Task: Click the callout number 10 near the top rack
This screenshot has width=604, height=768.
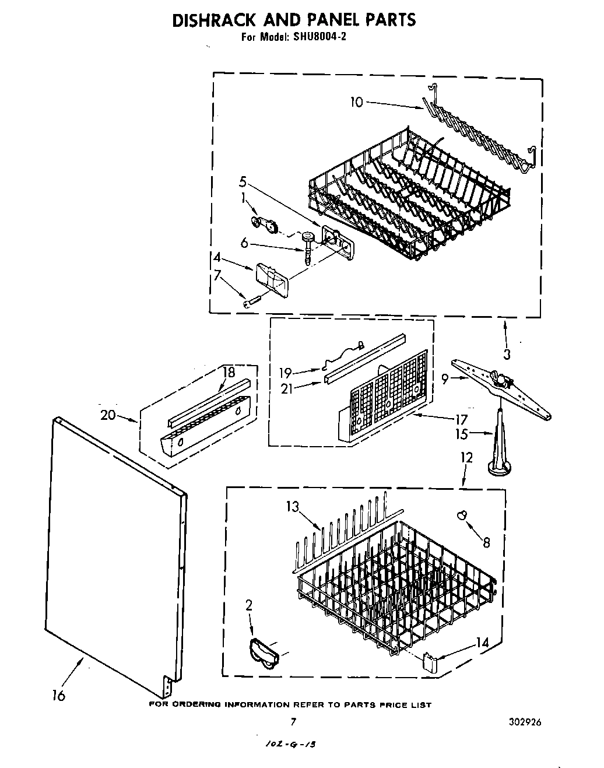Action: [x=356, y=103]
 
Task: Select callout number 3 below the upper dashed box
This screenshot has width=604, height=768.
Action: [x=507, y=353]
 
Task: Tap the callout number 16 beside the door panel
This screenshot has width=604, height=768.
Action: [x=58, y=695]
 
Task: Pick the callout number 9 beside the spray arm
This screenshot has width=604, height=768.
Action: [x=445, y=380]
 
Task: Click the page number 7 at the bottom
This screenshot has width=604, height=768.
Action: [x=293, y=722]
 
